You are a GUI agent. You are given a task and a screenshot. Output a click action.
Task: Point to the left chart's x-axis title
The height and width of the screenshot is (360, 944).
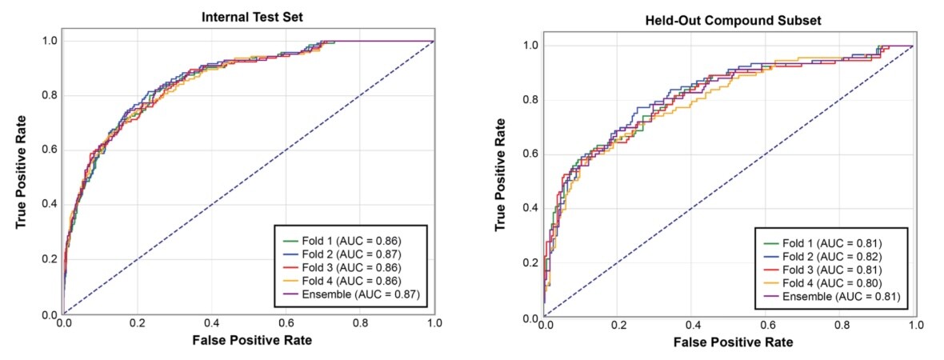(x=248, y=340)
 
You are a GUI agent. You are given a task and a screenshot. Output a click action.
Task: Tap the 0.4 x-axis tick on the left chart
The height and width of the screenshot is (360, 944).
(x=211, y=324)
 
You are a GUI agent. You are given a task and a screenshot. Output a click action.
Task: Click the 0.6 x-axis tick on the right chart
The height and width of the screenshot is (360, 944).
(x=767, y=326)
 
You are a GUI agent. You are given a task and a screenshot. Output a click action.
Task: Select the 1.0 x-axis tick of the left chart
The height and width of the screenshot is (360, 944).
(x=434, y=324)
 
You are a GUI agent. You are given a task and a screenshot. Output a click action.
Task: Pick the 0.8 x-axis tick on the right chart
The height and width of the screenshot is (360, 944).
(x=842, y=326)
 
